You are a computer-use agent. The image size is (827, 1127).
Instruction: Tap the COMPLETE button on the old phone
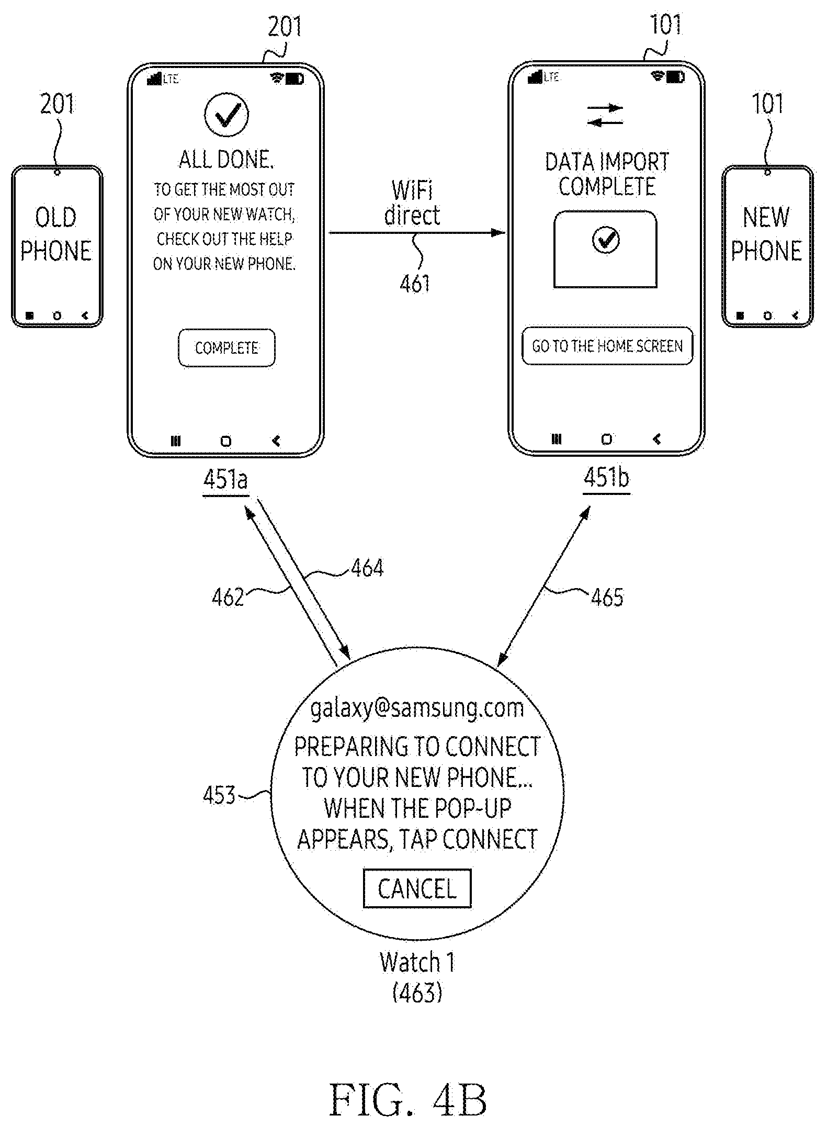click(226, 348)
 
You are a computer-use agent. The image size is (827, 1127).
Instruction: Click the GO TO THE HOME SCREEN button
click(607, 346)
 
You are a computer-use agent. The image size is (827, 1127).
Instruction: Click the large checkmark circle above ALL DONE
click(226, 115)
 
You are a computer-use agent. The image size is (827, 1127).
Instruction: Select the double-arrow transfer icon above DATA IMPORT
click(605, 115)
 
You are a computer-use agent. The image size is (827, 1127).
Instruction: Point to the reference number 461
click(415, 284)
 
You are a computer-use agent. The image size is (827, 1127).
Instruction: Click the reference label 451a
click(225, 480)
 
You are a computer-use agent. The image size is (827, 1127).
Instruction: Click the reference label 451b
click(606, 478)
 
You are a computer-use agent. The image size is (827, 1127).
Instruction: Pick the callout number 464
click(367, 568)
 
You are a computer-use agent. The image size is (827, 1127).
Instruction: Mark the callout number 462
click(228, 597)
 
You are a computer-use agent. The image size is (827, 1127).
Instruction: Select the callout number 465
click(607, 597)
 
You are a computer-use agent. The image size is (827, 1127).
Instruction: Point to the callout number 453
click(219, 795)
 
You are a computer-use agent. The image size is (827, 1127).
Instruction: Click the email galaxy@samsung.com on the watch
click(417, 708)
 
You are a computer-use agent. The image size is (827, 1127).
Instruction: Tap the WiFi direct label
click(412, 203)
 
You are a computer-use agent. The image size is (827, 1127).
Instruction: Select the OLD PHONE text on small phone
click(56, 234)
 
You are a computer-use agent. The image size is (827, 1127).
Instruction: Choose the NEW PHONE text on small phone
click(766, 234)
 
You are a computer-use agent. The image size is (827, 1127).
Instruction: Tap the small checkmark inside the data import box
click(606, 240)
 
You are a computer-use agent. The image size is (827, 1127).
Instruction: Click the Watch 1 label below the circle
click(417, 962)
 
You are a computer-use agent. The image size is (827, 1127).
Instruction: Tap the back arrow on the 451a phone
click(276, 441)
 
